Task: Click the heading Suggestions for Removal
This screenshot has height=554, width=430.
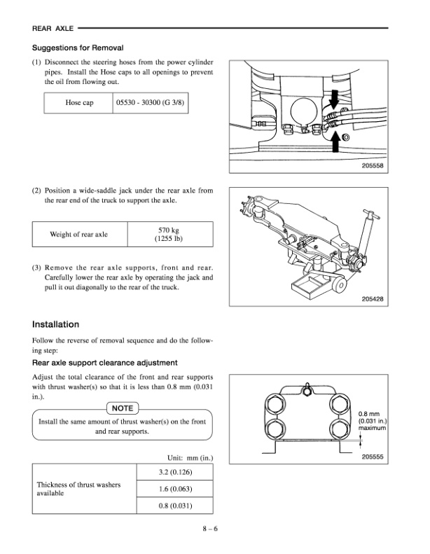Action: [x=78, y=48]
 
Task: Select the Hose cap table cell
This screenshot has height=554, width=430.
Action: [x=79, y=102]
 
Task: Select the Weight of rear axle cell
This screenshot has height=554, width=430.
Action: [x=78, y=234]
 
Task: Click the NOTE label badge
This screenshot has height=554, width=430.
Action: [x=123, y=408]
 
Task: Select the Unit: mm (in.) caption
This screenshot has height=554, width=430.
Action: [x=189, y=458]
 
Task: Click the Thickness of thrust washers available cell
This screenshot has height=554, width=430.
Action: [x=78, y=489]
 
